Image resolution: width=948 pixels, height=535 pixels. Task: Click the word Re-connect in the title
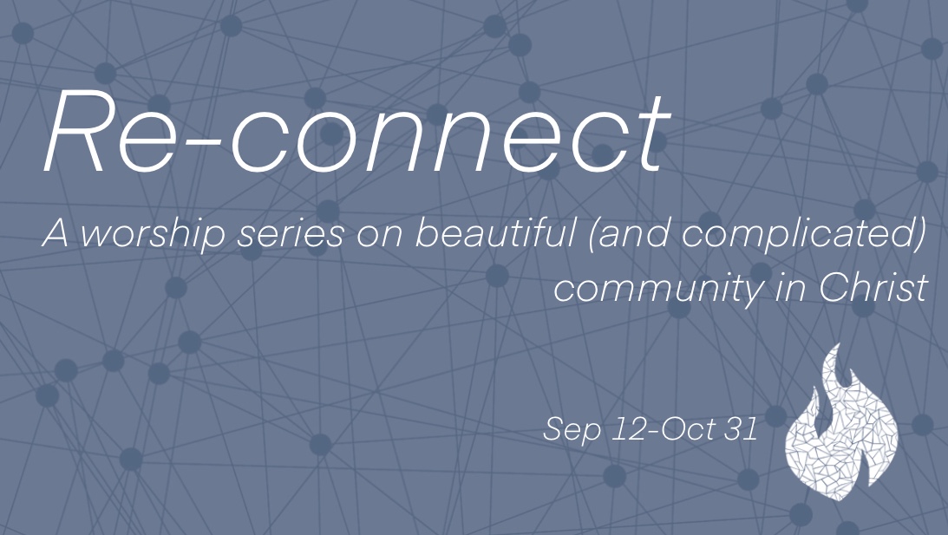(356, 133)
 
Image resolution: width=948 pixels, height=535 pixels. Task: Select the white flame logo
(839, 425)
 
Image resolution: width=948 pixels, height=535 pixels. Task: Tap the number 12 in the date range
(628, 429)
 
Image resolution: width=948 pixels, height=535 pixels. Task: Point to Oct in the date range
(686, 429)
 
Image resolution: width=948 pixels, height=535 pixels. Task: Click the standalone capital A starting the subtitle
(55, 234)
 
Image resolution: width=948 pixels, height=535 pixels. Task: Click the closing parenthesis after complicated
(920, 236)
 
